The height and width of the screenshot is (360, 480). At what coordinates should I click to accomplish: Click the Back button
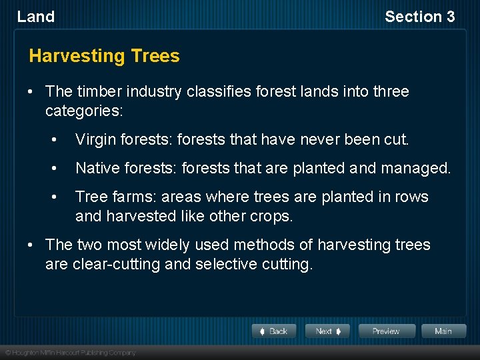pos(274,331)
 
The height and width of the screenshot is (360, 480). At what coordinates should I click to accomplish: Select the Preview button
pos(387,331)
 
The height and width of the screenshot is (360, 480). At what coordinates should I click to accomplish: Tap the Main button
pos(443,331)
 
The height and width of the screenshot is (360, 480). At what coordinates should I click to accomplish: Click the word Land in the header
pos(36,17)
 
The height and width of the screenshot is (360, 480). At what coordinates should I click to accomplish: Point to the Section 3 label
pos(419,17)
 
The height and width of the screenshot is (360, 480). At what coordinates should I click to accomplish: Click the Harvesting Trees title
pos(105,55)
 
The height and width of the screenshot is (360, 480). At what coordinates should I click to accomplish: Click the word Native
pos(96,169)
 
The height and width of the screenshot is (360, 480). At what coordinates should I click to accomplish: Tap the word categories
pos(84,110)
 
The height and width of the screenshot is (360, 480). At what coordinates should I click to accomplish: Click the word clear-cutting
pos(115,264)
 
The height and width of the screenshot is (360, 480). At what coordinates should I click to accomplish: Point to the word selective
pos(224,264)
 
